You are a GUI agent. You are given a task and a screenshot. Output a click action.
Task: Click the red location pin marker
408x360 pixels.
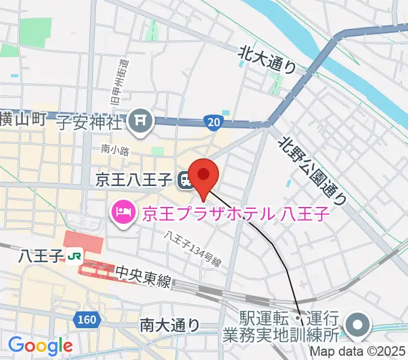coord(205,175)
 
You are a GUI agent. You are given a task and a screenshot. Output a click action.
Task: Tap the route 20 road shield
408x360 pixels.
coord(214,122)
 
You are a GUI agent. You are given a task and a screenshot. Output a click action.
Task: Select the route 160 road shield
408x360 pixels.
coord(86,320)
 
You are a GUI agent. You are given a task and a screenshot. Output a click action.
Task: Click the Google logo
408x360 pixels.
coord(40,346)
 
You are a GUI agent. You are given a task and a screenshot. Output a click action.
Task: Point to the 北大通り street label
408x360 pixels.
coord(268,59)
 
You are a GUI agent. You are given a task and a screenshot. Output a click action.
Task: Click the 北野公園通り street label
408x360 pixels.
coord(312,167)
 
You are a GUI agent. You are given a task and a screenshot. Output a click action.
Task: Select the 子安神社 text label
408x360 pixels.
coord(91,123)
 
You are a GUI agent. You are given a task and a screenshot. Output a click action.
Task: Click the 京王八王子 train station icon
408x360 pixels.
coord(184,178)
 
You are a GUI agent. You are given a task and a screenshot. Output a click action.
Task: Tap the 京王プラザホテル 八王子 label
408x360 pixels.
coord(236,213)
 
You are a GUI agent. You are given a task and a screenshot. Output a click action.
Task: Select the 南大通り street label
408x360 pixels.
coord(170,325)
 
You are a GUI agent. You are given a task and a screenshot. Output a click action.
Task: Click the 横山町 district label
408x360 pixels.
coord(23,119)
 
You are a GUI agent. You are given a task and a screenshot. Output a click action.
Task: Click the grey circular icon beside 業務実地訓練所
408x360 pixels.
coord(359,326)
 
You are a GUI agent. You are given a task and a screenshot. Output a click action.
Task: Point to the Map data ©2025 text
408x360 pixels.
coord(358,352)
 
